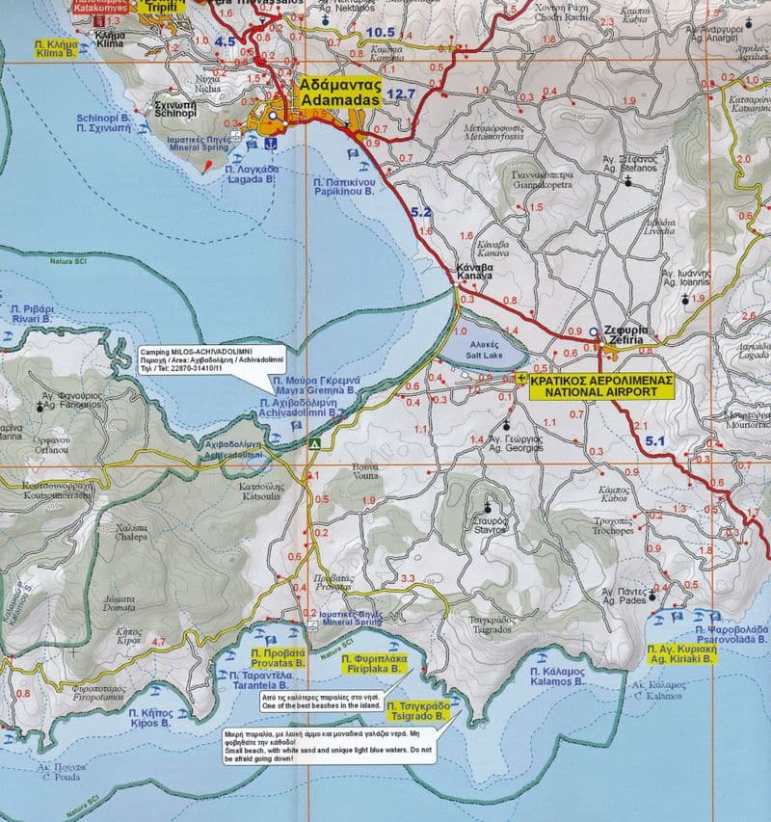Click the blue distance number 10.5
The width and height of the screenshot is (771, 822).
tap(381, 32)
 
